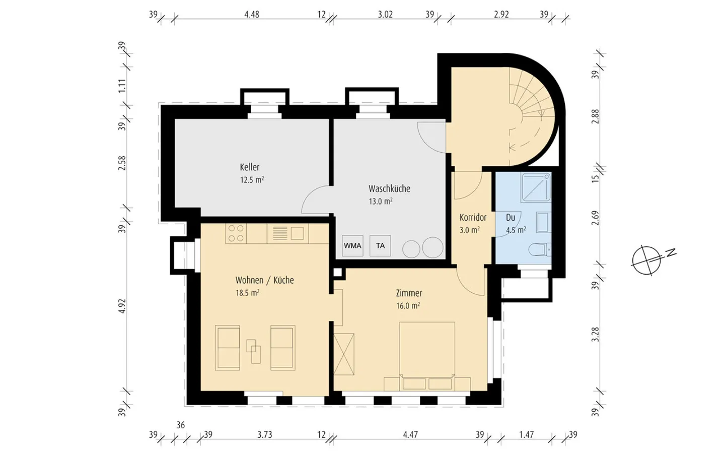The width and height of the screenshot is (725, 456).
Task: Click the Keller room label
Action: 250,167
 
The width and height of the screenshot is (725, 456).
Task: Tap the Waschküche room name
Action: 389,188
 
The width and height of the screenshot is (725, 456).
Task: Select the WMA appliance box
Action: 352,245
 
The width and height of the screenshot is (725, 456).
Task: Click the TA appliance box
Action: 380,245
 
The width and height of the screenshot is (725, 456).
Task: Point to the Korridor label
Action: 473,217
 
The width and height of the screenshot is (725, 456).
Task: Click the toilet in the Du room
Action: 540,249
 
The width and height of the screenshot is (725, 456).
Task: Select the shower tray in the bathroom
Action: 536,187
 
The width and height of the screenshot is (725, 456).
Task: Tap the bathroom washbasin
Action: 544,223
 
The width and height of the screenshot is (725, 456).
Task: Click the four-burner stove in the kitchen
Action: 236,233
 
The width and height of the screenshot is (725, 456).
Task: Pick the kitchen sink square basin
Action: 297,233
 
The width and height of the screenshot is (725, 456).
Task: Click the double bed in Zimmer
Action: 427,356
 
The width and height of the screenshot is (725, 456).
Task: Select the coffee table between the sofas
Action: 253,351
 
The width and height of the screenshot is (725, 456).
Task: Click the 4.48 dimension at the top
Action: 252,15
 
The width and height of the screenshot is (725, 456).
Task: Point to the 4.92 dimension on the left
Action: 122,306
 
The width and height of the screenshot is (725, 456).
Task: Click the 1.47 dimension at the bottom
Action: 527,434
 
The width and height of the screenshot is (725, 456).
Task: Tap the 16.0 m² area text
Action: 408,306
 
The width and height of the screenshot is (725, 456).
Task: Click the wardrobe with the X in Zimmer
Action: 344,354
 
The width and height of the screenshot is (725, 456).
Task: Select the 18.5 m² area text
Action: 247,293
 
